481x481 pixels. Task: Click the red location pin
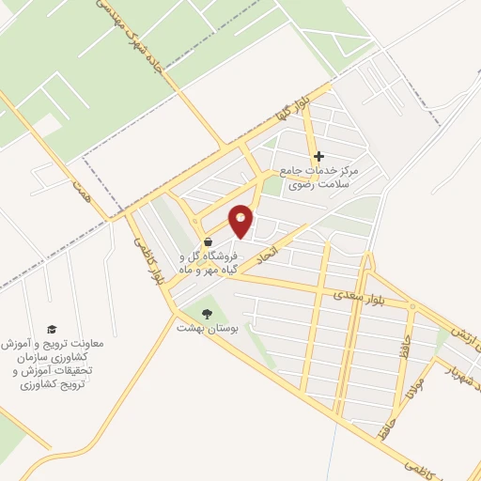(x=241, y=220)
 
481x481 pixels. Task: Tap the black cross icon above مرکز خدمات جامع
(x=318, y=156)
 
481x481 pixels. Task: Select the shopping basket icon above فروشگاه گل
(x=207, y=240)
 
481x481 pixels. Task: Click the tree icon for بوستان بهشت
(x=207, y=314)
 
